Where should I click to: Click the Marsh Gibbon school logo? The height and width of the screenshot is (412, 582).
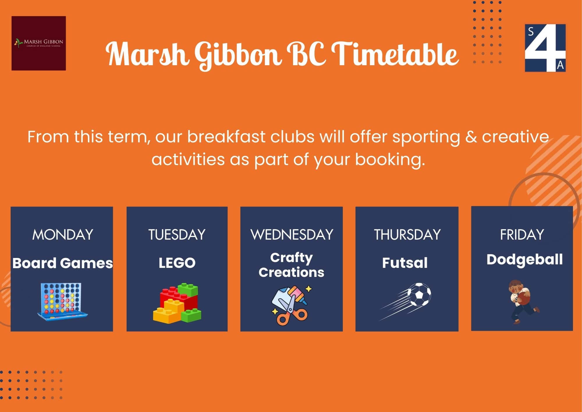coord(39,43)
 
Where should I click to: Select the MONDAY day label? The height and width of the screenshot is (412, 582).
coord(63,235)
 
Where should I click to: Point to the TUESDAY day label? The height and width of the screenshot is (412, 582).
coord(177,235)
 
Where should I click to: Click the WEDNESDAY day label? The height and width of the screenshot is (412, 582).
coord(292,235)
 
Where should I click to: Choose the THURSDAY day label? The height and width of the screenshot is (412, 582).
coord(407,235)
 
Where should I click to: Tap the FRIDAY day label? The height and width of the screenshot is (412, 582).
coord(522,235)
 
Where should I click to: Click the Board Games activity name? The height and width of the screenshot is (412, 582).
coord(62,263)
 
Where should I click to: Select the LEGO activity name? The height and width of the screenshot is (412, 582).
coord(177,263)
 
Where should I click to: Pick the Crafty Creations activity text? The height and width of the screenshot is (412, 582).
coord(291,265)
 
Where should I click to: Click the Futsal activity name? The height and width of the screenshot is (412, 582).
coord(405,263)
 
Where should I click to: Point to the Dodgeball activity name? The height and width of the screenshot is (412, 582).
coord(524,259)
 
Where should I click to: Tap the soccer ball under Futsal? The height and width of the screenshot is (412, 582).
coord(419,294)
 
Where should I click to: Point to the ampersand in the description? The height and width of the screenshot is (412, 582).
coord(471,137)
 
